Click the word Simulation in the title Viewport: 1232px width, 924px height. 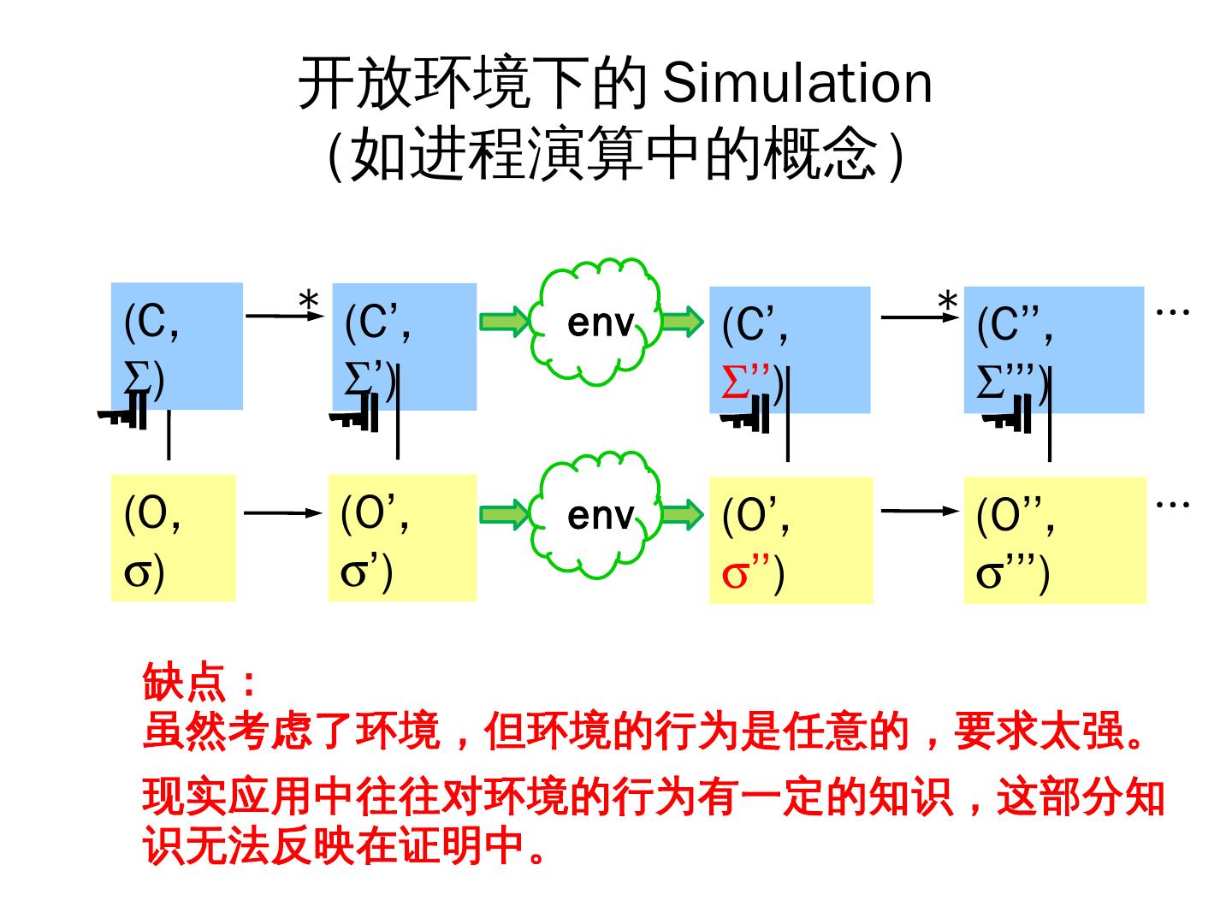(797, 83)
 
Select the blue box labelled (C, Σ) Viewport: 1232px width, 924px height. (177, 346)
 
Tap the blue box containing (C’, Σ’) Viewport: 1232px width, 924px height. (404, 346)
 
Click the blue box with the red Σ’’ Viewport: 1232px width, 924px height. (789, 349)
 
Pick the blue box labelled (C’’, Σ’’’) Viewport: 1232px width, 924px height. (1053, 349)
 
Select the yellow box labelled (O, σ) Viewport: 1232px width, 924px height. (173, 537)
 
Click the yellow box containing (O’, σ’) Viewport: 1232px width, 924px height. (402, 537)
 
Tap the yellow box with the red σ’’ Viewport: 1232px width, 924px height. (791, 540)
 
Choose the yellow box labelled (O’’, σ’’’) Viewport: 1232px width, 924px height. (1054, 540)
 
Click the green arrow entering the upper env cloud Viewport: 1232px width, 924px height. (505, 322)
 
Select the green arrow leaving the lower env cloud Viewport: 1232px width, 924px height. (683, 515)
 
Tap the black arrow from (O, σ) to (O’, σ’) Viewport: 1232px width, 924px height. (281, 513)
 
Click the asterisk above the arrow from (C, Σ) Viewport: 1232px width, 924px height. (308, 301)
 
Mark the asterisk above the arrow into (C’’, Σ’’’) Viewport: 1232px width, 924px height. (947, 302)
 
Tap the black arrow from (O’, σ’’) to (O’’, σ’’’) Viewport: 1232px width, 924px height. (920, 512)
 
